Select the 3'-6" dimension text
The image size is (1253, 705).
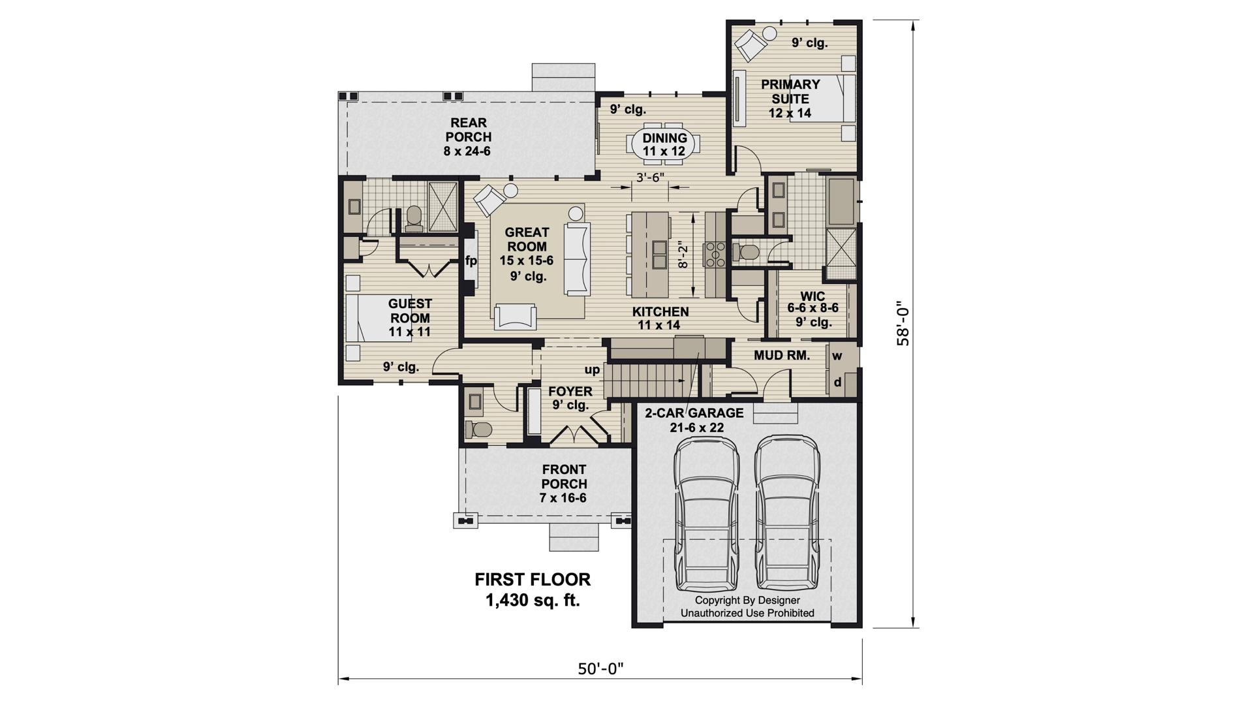[x=649, y=177]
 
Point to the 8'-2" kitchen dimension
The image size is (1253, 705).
[x=683, y=255]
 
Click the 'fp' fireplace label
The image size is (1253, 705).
[x=471, y=261]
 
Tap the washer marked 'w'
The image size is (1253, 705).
[x=837, y=356]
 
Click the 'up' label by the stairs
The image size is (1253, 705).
[x=592, y=371]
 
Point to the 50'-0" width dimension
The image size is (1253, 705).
[x=600, y=668]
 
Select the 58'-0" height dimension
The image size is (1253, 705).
[x=903, y=324]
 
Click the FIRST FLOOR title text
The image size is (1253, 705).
[x=533, y=579]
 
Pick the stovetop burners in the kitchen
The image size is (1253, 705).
[x=715, y=254]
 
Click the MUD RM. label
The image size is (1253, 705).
[x=782, y=356]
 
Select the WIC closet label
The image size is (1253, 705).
[x=812, y=296]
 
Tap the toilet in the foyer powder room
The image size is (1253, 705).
[x=478, y=430]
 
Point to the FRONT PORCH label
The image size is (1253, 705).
[x=564, y=477]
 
